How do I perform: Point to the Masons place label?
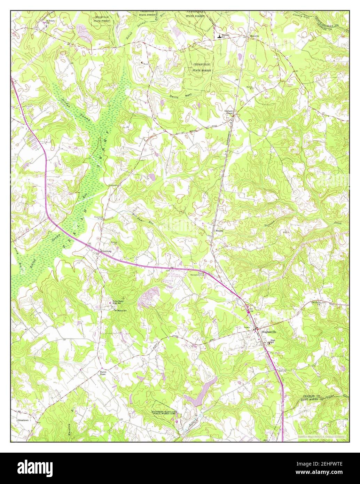click(x=219, y=231)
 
